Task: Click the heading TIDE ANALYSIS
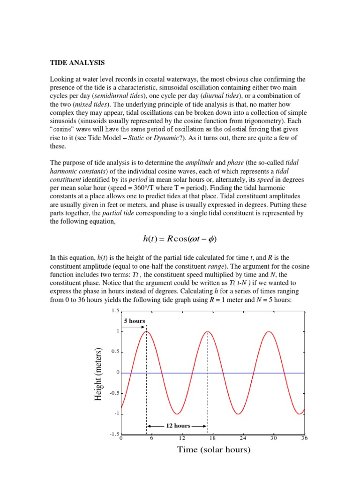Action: [77, 62]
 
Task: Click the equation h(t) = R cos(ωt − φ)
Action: [180, 239]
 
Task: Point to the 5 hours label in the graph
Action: [135, 321]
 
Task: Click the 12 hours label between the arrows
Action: [178, 426]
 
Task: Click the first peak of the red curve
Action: [147, 331]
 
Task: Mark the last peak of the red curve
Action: [269, 331]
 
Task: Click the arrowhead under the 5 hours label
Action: [143, 327]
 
